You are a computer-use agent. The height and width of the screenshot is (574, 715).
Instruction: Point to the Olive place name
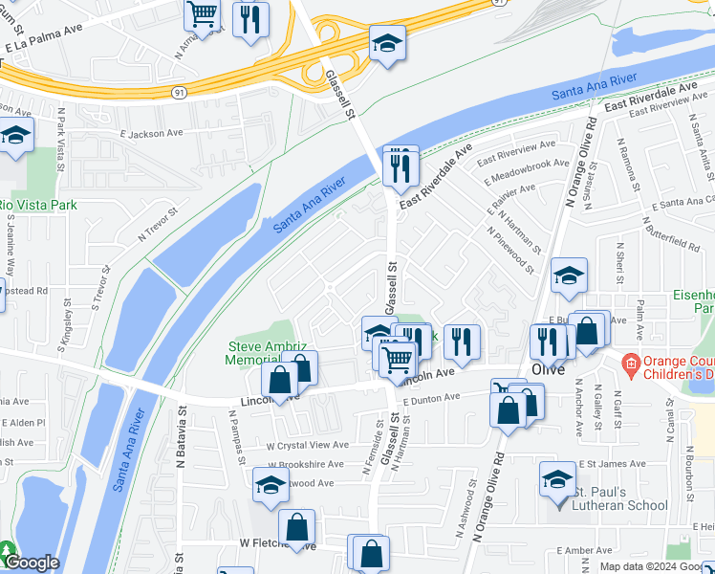(x=550, y=369)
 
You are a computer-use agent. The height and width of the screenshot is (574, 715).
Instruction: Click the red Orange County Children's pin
(x=629, y=364)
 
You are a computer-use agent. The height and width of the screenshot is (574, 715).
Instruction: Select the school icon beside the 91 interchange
(x=387, y=43)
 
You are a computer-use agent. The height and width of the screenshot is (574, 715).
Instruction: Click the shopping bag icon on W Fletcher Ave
(x=297, y=526)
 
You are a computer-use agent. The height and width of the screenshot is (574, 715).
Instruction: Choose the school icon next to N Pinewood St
(x=569, y=276)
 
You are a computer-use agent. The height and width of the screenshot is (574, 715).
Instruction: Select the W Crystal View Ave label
(x=307, y=445)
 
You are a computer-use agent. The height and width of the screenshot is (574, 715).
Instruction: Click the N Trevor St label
(x=159, y=224)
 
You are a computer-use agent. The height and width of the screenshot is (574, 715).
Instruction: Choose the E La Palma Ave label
(x=43, y=45)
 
